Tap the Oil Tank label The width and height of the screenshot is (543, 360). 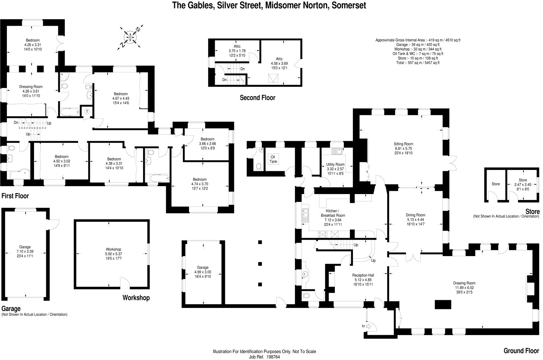273,159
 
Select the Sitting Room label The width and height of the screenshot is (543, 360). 403,144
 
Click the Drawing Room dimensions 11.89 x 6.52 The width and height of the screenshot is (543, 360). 464,288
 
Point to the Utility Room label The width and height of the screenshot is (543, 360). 335,164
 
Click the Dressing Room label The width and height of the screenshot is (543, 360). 31,87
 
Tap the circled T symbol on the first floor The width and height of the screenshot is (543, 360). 87,112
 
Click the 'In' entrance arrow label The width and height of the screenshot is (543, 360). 363,326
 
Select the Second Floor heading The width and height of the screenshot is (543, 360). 257,98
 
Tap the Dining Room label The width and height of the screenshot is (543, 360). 416,215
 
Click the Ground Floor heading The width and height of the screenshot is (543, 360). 521,351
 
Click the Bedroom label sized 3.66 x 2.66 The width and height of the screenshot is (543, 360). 207,139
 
